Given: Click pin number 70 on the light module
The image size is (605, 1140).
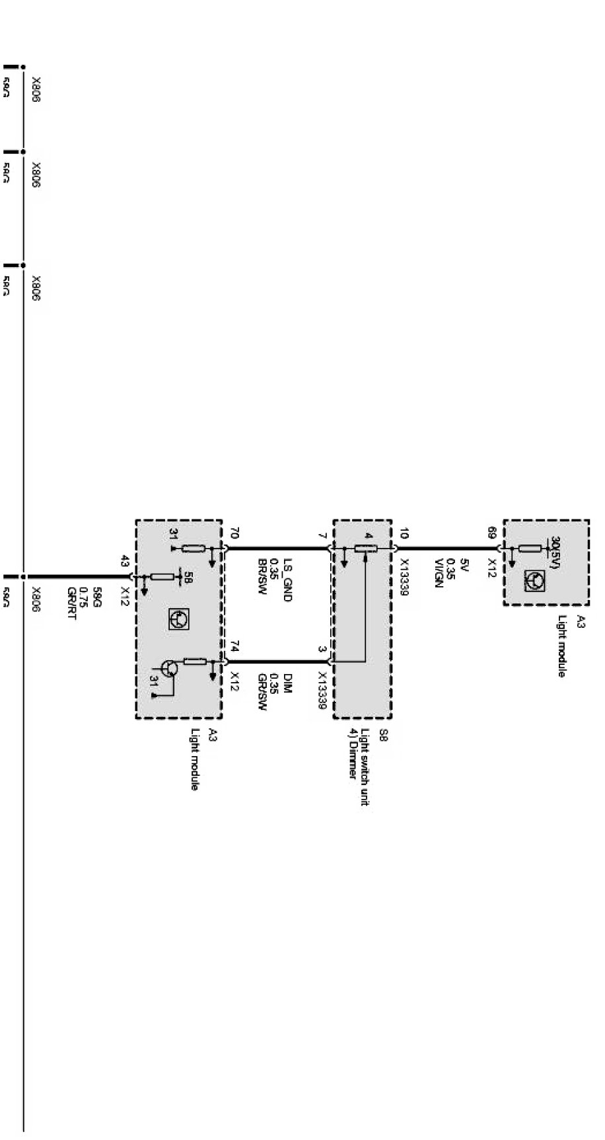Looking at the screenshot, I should click(x=234, y=533).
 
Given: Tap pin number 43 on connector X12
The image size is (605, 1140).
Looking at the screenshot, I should click(x=125, y=562).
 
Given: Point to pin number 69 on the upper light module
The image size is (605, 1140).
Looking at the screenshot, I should click(x=492, y=532).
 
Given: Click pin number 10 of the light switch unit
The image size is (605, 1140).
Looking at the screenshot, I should click(x=404, y=533).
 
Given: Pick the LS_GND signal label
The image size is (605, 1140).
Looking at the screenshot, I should click(x=287, y=582).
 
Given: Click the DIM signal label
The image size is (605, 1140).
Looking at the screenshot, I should click(x=288, y=680).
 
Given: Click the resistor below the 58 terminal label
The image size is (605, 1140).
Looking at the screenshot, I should click(x=162, y=577).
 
